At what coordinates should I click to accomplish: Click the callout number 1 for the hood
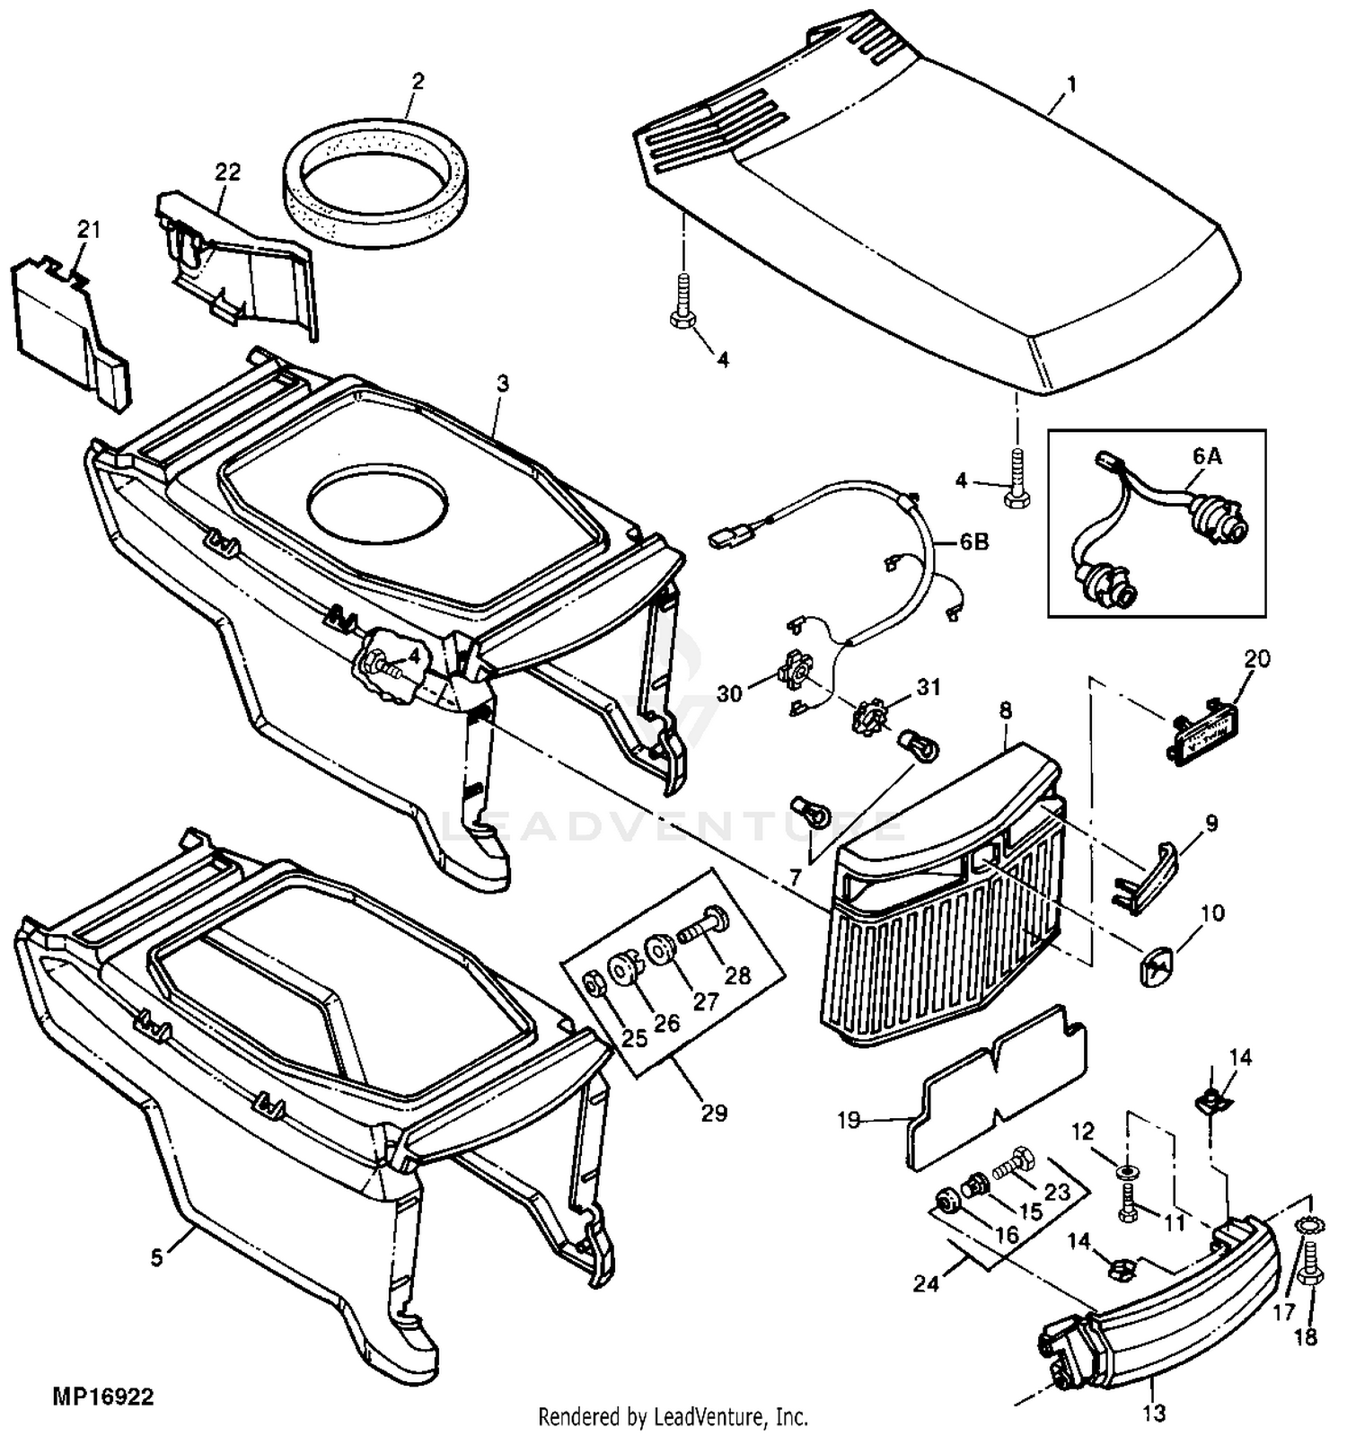pos(1070,85)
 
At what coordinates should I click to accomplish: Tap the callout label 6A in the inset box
pos(1208,456)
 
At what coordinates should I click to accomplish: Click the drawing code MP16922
pos(103,1397)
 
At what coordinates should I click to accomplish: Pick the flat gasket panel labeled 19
pos(997,1087)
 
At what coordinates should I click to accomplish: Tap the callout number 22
pos(228,172)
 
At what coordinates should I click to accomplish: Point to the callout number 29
pos(714,1113)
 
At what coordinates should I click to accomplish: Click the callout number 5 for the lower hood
pos(157,1257)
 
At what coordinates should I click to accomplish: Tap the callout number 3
pos(503,383)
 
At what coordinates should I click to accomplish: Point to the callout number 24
pos(927,1284)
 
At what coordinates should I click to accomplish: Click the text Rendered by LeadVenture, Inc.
pos(673,1417)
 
